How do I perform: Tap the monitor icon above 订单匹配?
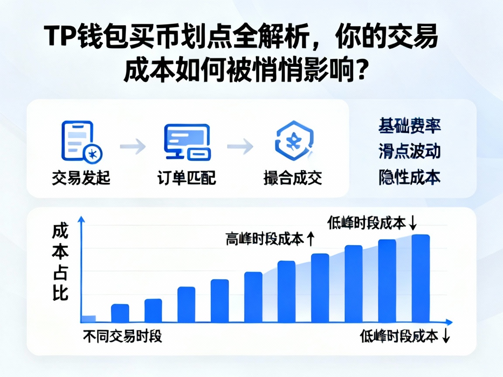coord(187,141)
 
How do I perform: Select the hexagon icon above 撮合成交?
coord(293,141)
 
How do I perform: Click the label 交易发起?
coord(81,178)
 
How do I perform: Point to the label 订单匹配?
coord(187,178)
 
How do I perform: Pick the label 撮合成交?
coord(293,178)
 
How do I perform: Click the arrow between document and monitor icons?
coord(133,146)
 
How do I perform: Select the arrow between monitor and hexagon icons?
coord(240,146)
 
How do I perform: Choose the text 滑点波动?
coord(409,151)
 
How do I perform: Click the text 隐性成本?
coord(409,177)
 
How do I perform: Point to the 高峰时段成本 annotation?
coord(265,239)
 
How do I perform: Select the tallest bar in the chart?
coord(421,278)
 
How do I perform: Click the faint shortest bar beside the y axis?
coord(89,319)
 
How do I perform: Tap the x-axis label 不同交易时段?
coord(123,336)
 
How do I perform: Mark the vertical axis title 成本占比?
coord(60,262)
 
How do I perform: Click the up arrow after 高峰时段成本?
coord(310,238)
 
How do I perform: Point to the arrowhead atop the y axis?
coord(80,219)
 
